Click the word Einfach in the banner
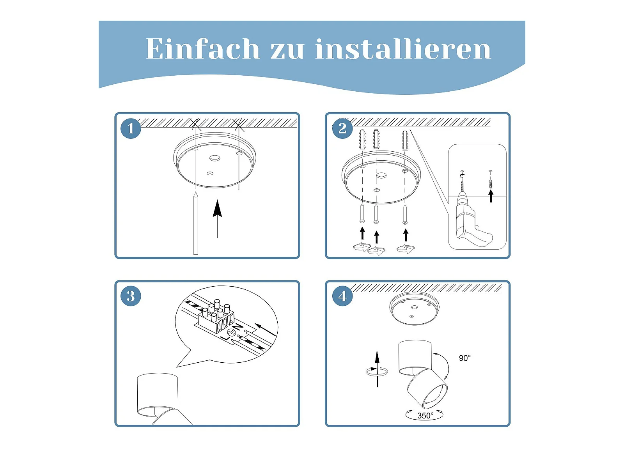click(x=203, y=48)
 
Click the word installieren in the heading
click(x=403, y=48)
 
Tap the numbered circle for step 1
click(x=131, y=128)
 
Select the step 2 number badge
click(x=342, y=128)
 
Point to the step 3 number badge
click(x=131, y=296)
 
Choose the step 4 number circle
click(x=342, y=296)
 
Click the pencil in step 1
click(x=196, y=223)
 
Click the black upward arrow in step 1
click(x=218, y=219)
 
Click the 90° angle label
click(x=465, y=358)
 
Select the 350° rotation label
click(x=425, y=416)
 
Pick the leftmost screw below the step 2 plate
click(x=362, y=213)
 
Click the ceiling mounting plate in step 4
click(x=414, y=309)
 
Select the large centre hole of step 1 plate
click(x=214, y=158)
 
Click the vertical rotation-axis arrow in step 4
click(x=377, y=369)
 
